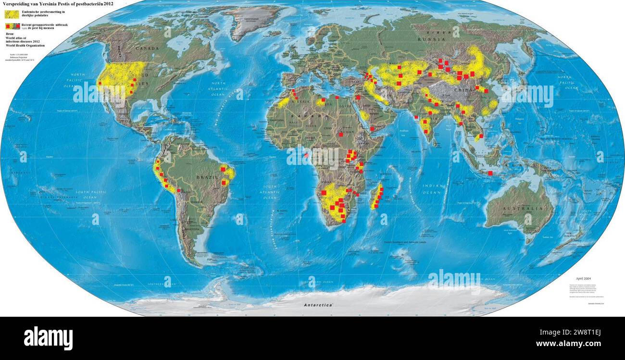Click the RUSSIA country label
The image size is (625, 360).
click(429, 39)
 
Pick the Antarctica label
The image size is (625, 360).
click(318, 305)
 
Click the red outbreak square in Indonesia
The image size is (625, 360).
click(490, 173)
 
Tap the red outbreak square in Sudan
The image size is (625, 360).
click(341, 135)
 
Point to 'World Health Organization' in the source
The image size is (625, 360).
click(25, 46)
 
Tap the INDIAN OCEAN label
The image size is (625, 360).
click(432, 189)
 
